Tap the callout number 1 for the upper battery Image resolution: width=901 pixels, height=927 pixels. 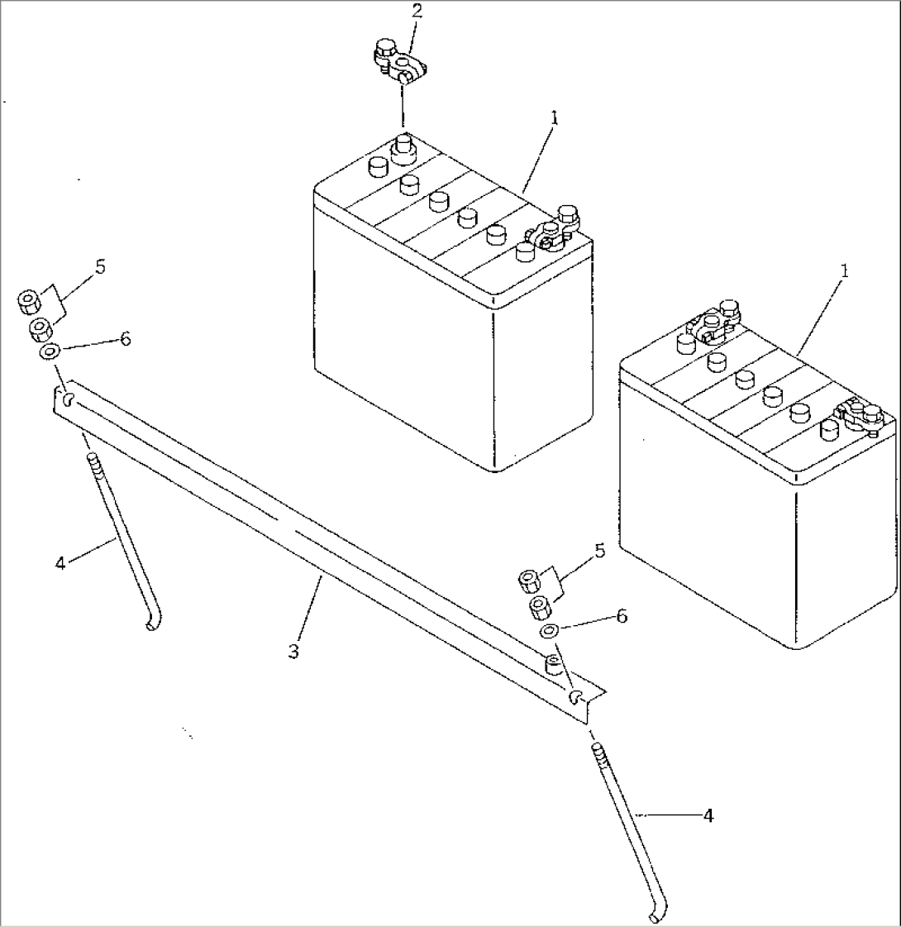(x=555, y=118)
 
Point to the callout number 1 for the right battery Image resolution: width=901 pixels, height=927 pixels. (x=845, y=271)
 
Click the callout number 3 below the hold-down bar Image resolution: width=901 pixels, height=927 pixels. (x=294, y=652)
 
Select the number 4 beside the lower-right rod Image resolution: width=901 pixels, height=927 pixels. (x=708, y=815)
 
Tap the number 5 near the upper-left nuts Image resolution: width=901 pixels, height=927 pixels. (x=100, y=266)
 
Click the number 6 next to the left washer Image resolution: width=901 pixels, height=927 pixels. (x=125, y=338)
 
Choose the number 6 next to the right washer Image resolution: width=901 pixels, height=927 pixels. (x=622, y=616)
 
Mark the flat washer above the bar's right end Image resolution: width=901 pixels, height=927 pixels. (x=549, y=633)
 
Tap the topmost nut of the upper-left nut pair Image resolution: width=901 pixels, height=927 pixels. (x=29, y=301)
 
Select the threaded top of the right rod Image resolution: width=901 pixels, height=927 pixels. (x=598, y=755)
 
